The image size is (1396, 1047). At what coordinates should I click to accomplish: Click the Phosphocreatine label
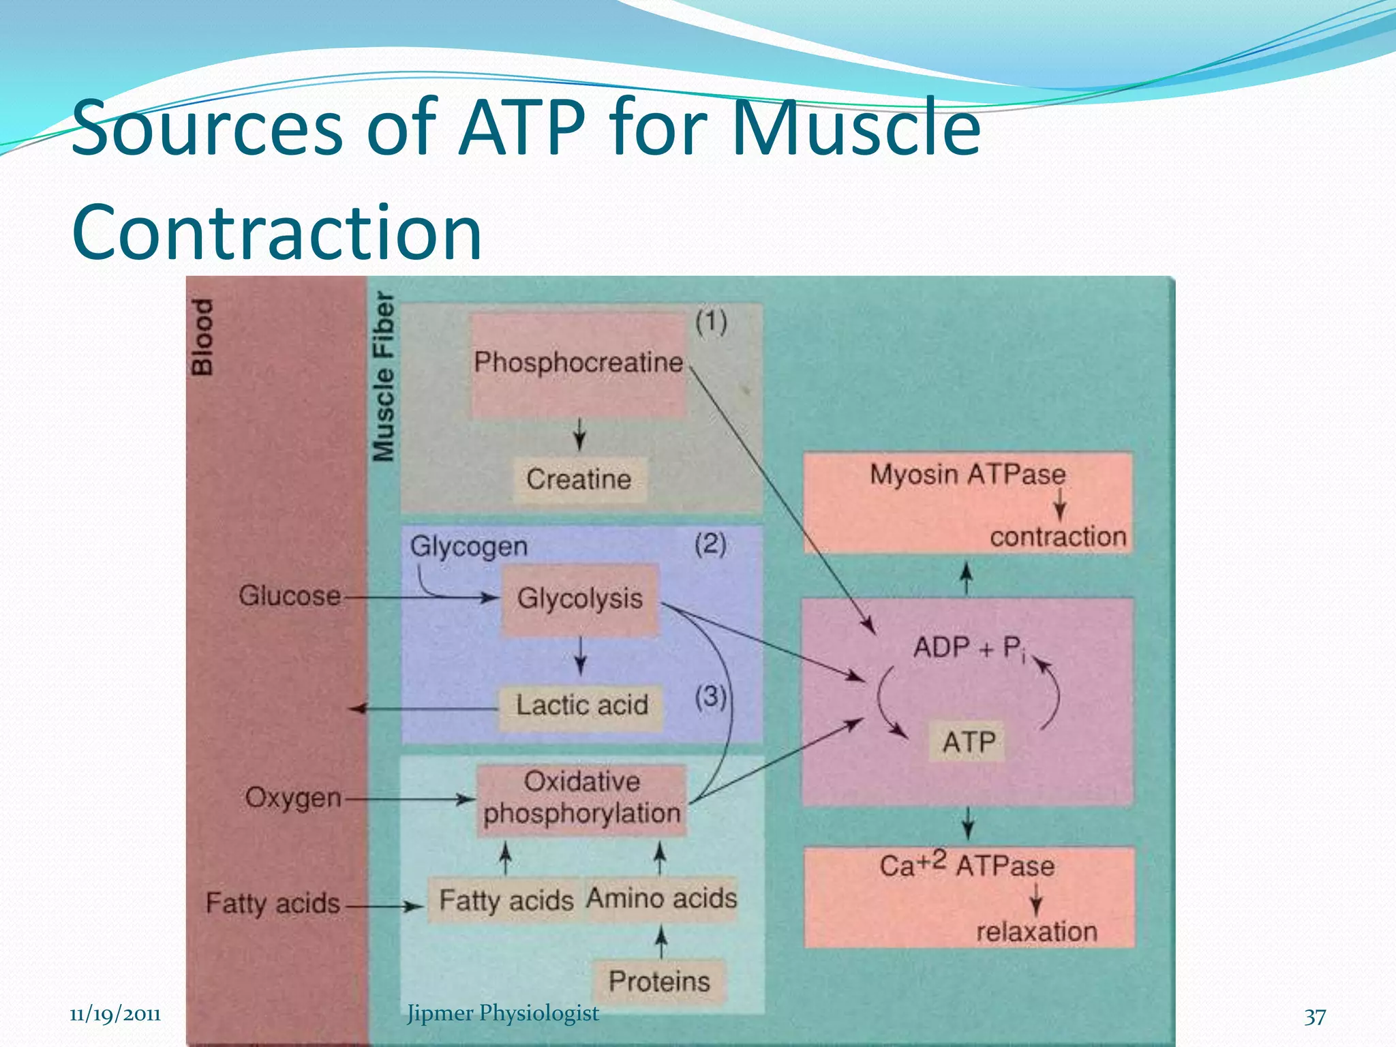[578, 363]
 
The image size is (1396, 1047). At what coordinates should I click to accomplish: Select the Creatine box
[579, 479]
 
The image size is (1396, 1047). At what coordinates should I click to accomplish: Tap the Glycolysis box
[580, 598]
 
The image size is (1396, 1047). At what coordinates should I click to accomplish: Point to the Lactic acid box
[581, 705]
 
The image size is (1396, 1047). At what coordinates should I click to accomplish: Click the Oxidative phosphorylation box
[581, 798]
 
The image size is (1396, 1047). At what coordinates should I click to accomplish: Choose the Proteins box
[659, 982]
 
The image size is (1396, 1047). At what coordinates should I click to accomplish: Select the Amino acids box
[661, 898]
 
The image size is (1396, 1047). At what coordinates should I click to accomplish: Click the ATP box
[969, 742]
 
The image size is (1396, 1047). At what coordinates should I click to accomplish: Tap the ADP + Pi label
[968, 648]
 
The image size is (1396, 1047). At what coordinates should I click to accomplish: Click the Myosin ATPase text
[967, 474]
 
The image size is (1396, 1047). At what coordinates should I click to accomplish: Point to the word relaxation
[1037, 932]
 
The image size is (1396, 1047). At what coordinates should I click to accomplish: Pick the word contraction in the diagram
[1058, 537]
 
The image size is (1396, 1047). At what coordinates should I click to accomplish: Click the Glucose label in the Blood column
[290, 596]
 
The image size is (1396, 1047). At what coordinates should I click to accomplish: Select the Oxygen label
[293, 797]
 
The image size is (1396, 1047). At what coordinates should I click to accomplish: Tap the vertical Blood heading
[202, 337]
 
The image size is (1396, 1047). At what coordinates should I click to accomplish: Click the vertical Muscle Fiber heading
[384, 377]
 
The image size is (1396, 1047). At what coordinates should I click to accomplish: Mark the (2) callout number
[710, 544]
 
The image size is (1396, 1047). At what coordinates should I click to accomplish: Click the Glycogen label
[469, 547]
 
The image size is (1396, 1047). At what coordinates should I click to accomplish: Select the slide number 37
[1315, 1017]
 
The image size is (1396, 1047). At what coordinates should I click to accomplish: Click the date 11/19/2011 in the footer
[115, 1014]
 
